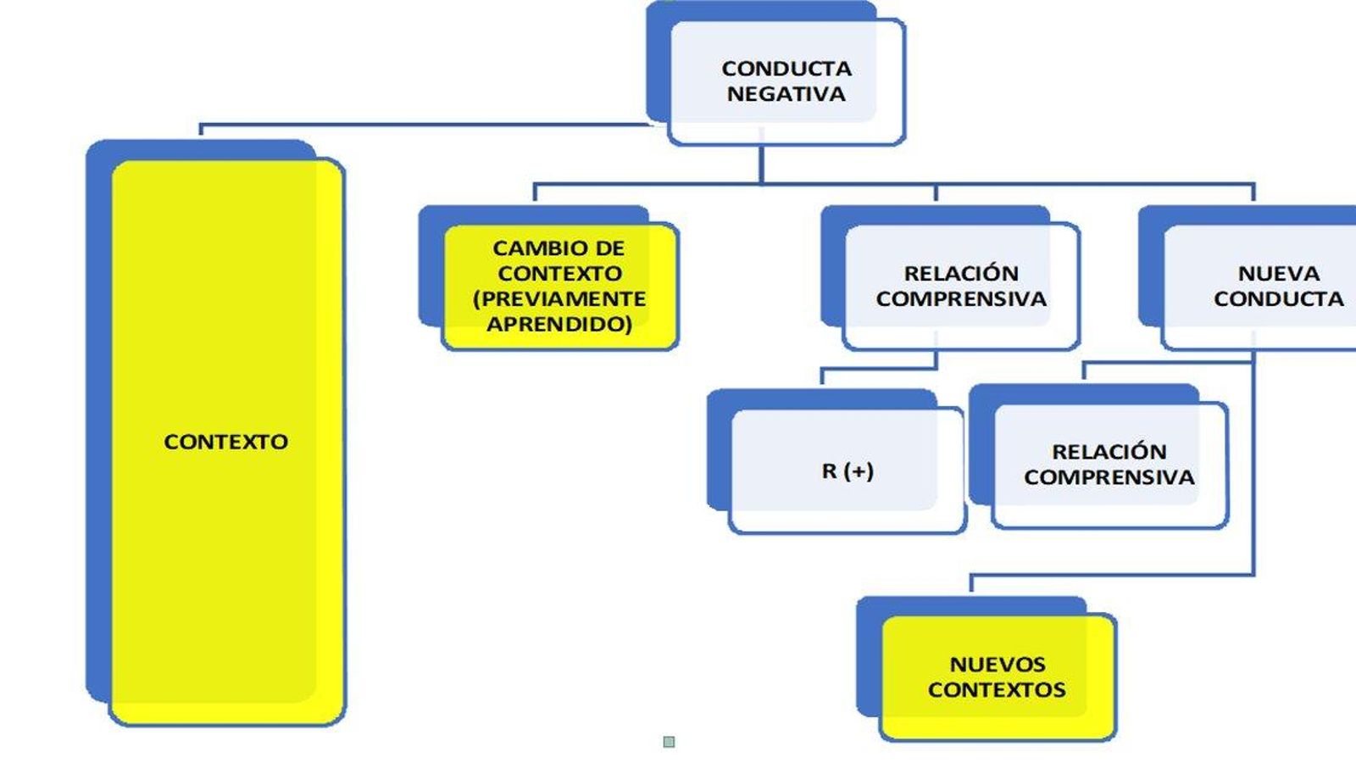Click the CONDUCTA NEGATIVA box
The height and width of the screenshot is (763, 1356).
coord(786,81)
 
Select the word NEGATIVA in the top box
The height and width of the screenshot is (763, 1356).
coord(786,94)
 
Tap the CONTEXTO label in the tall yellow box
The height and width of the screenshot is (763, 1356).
coord(225,442)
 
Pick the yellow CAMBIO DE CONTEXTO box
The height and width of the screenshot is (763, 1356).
coord(559,286)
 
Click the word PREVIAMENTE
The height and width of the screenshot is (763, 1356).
coord(559,298)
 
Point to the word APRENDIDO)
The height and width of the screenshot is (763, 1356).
coord(559,324)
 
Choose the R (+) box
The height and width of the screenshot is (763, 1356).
coord(847,471)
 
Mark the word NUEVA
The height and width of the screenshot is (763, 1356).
coord(1278,273)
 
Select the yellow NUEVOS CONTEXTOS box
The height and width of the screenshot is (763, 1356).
coord(997,677)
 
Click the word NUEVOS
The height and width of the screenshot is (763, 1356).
coord(997,664)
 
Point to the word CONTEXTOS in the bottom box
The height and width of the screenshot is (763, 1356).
coord(997,689)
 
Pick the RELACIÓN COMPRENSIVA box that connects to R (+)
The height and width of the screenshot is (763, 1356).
coord(961,286)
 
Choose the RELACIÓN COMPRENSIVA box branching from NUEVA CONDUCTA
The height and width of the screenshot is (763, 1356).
coord(1109,464)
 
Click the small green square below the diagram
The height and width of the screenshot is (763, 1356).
coord(669,742)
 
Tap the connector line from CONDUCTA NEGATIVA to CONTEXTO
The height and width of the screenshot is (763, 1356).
coord(424,125)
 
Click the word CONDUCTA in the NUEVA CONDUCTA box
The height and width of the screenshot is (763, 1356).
coord(1278,299)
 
